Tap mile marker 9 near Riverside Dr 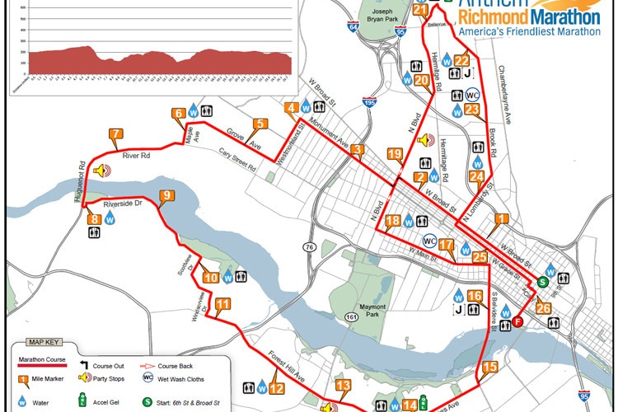coord(166,196)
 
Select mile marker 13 coord(343,386)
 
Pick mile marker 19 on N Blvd coord(395,155)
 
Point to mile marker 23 coord(472,110)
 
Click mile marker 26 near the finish coord(543,309)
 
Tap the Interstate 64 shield coord(353,28)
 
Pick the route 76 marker coord(309,247)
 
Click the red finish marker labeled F coord(517,321)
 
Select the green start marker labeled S coord(542,282)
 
